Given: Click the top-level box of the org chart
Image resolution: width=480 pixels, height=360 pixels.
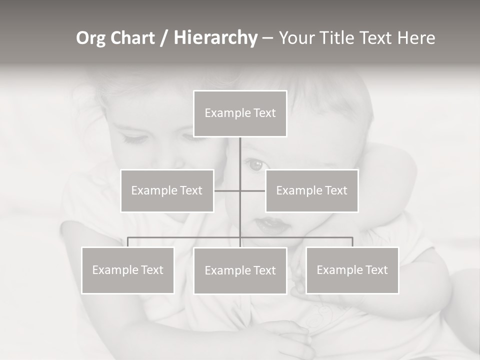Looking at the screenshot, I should coord(240,113).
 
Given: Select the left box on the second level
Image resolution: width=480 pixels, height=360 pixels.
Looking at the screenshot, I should coord(167,190).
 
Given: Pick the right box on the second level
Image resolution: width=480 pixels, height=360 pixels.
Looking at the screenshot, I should coord(312,190).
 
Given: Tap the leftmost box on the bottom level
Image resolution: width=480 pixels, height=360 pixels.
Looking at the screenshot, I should coord(128,270).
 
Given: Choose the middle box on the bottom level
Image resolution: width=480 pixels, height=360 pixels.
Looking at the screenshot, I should coord(240,271).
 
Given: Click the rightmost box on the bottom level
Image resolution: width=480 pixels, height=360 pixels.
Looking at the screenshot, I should coord(352,270).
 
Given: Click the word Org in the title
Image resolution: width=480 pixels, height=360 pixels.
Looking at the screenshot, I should coord(91,38).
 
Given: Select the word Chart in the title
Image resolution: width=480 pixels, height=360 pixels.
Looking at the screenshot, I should coord(132,38).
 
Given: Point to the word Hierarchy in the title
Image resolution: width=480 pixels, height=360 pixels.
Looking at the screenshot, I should coord(215,38).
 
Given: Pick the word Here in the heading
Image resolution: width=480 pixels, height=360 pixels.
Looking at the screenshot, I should coord(416,38).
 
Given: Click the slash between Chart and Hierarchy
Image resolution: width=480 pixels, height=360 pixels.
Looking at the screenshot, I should coord(164,38).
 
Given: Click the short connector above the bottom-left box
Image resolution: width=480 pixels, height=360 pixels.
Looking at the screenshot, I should coord(128,242).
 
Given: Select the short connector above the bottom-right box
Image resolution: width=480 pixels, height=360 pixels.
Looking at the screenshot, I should coord(352,242).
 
